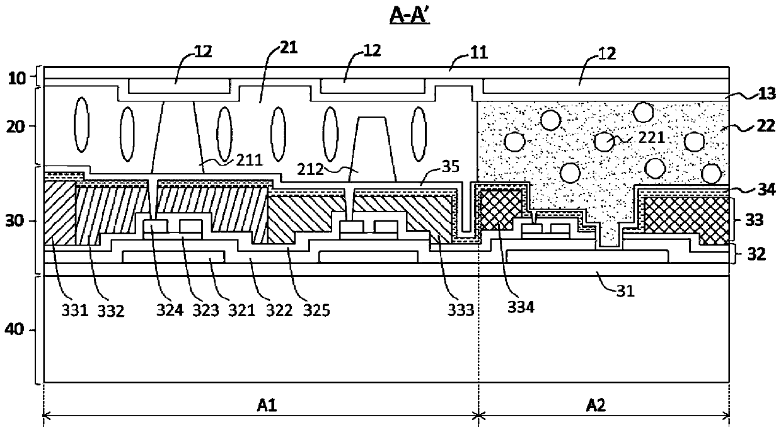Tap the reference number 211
[x=249, y=160]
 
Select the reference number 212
[x=310, y=169]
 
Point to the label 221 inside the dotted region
[x=651, y=137]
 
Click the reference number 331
[x=74, y=310]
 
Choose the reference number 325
[x=316, y=310]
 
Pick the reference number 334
[x=521, y=307]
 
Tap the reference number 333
[x=461, y=310]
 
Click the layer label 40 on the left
[x=14, y=329]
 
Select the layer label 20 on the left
[x=16, y=126]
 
